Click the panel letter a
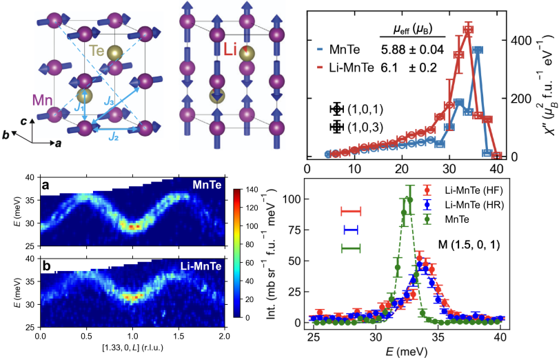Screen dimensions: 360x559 tap(43, 186)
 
